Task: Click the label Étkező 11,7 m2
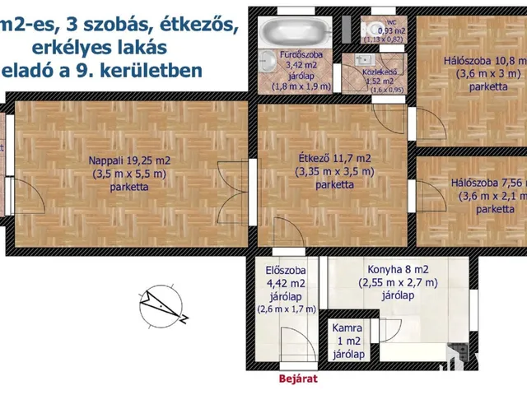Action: [x=334, y=158]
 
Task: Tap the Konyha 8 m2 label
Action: [x=398, y=269]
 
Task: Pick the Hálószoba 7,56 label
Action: [x=488, y=184]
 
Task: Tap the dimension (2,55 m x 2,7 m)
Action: [x=399, y=282]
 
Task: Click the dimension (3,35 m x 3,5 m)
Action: [x=334, y=171]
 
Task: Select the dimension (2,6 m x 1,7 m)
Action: [x=287, y=309]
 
